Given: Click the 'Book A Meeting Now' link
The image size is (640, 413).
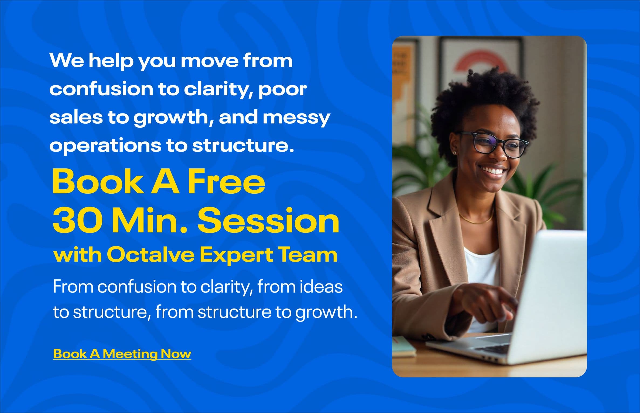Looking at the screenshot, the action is click(122, 354).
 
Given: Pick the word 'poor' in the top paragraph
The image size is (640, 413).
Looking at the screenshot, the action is click(282, 89).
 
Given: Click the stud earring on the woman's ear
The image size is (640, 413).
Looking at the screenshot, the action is click(455, 153).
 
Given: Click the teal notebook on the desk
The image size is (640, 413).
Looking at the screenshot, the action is click(404, 347).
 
